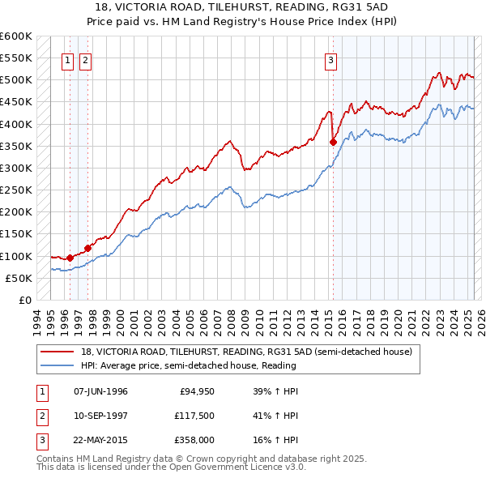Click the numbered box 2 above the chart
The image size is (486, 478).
(85, 58)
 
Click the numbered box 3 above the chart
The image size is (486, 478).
(331, 58)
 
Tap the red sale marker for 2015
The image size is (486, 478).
(333, 142)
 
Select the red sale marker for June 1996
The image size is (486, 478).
(70, 258)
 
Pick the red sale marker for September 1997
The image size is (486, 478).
(87, 248)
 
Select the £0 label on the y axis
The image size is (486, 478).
(24, 300)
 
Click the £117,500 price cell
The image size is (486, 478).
(191, 416)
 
